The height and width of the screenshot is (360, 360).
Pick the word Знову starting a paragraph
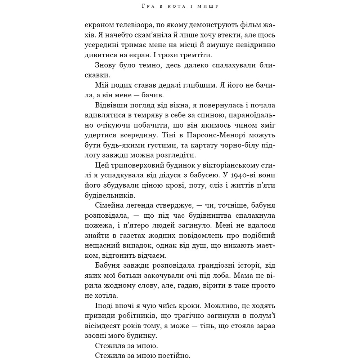[x=106, y=66]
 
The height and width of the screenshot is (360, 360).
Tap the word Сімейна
[x=111, y=206]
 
